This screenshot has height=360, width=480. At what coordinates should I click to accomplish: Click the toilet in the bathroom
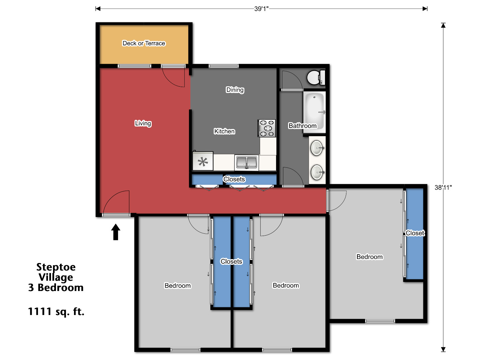315,77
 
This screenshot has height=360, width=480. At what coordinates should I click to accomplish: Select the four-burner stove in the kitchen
267,128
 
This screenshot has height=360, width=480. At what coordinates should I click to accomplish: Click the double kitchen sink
247,162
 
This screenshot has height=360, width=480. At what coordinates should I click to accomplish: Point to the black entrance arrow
116,232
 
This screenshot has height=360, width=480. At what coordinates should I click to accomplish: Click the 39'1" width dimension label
261,9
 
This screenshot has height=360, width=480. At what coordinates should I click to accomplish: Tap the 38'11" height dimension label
443,187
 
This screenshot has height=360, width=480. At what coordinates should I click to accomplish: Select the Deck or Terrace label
144,43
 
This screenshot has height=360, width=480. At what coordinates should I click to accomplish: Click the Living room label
143,123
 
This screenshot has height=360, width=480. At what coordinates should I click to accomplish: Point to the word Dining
235,90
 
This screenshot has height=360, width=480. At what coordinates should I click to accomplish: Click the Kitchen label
224,131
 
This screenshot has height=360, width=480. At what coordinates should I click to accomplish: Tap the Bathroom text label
302,126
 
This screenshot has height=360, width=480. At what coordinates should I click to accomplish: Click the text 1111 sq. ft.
56,311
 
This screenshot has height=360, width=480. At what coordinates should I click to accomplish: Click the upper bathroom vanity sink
317,148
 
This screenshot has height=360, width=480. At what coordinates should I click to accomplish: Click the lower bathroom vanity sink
317,172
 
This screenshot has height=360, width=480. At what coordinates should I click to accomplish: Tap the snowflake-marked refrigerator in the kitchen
203,162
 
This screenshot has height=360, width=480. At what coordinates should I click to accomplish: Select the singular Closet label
415,233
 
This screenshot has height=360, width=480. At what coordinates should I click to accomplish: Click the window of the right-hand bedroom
380,321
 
